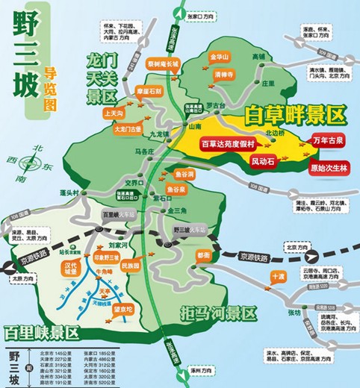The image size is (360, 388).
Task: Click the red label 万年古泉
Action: (x=329, y=140)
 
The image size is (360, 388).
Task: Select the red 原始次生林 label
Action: (x=329, y=168)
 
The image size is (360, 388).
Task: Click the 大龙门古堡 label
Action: (x=127, y=128)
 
